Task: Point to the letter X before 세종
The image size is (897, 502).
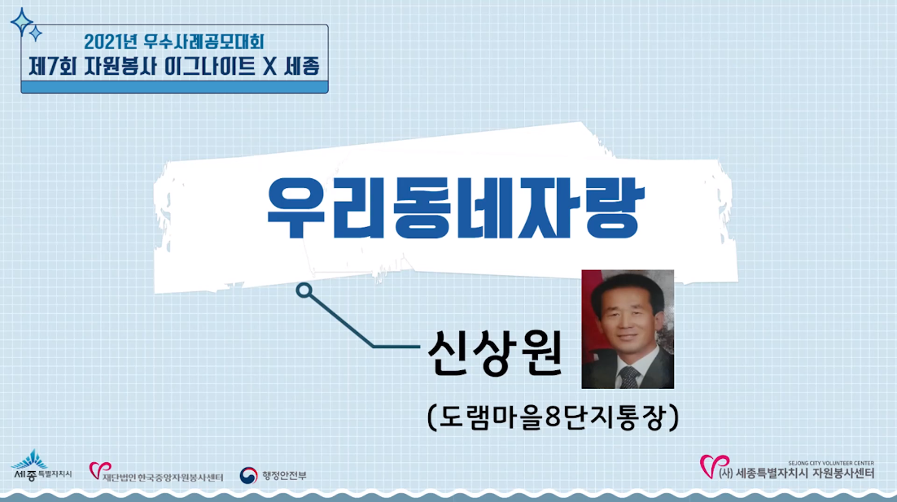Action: point(269,67)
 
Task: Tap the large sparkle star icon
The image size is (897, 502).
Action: point(22,22)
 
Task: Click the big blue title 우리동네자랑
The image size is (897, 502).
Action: point(456,208)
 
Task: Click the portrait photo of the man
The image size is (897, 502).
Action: point(628,330)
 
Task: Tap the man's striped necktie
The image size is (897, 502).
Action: point(629,378)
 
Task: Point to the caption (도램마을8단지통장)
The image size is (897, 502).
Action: point(554,417)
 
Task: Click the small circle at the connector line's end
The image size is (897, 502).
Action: point(304,290)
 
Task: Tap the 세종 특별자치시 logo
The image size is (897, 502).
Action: point(42,465)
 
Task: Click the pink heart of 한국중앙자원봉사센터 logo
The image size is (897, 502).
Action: point(98,470)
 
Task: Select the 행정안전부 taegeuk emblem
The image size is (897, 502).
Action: point(248,475)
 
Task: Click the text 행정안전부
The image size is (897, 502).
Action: point(284,476)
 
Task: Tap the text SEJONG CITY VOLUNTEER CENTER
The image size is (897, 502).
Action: point(830,463)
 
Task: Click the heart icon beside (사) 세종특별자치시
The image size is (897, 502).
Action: point(714,466)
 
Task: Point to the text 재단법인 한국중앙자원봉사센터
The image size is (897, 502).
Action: point(163,477)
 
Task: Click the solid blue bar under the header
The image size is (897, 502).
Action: point(174,87)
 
